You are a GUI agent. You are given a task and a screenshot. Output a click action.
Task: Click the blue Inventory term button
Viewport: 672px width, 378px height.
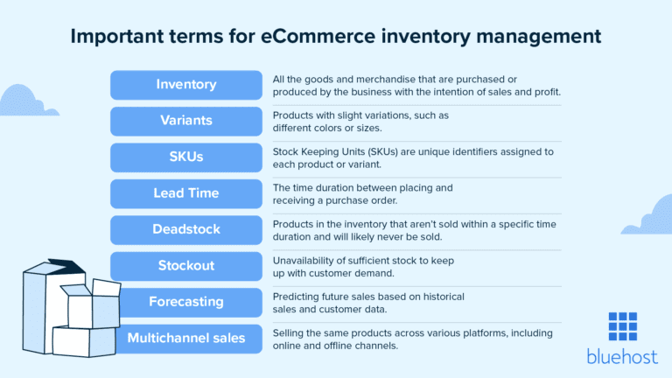coord(185,85)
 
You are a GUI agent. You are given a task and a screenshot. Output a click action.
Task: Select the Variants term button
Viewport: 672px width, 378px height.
coord(185,121)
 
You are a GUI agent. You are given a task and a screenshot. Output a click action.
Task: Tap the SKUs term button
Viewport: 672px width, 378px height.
coord(185,157)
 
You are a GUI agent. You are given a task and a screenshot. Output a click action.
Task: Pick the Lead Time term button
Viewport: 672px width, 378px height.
coord(185,193)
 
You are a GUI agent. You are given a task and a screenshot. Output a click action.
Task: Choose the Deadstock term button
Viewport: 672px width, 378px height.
coord(185,230)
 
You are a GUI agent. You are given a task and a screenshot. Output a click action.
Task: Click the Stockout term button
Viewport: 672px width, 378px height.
coord(185,266)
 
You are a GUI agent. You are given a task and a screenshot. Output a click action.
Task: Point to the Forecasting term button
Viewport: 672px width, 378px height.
coord(185,302)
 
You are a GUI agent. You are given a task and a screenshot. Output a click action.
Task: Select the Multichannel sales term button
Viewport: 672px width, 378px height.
coord(185,339)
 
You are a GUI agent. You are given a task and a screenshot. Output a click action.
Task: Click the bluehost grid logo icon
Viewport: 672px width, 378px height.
coord(623,327)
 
